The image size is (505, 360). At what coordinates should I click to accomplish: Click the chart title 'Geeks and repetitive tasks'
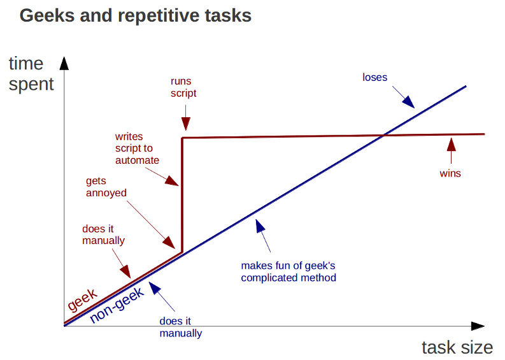(x=136, y=16)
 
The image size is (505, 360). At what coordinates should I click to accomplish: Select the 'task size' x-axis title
(x=457, y=347)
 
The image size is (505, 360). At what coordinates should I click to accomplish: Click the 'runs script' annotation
(x=183, y=87)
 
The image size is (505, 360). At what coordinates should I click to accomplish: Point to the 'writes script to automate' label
(x=137, y=148)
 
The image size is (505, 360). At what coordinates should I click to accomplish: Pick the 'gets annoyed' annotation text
(x=106, y=187)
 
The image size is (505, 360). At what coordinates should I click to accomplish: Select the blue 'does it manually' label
(x=180, y=328)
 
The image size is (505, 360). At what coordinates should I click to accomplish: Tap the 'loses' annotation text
(x=375, y=78)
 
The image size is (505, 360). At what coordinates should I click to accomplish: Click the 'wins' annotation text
(x=450, y=173)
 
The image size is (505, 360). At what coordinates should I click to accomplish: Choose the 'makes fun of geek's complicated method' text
(x=288, y=271)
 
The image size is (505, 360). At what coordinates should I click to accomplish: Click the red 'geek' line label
(x=82, y=299)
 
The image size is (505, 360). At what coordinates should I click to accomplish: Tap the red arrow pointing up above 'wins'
(x=451, y=145)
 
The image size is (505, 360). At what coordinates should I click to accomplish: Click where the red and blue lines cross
(x=384, y=135)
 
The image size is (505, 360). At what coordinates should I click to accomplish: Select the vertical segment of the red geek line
(x=183, y=191)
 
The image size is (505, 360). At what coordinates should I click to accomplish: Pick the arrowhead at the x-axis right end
(x=477, y=326)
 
